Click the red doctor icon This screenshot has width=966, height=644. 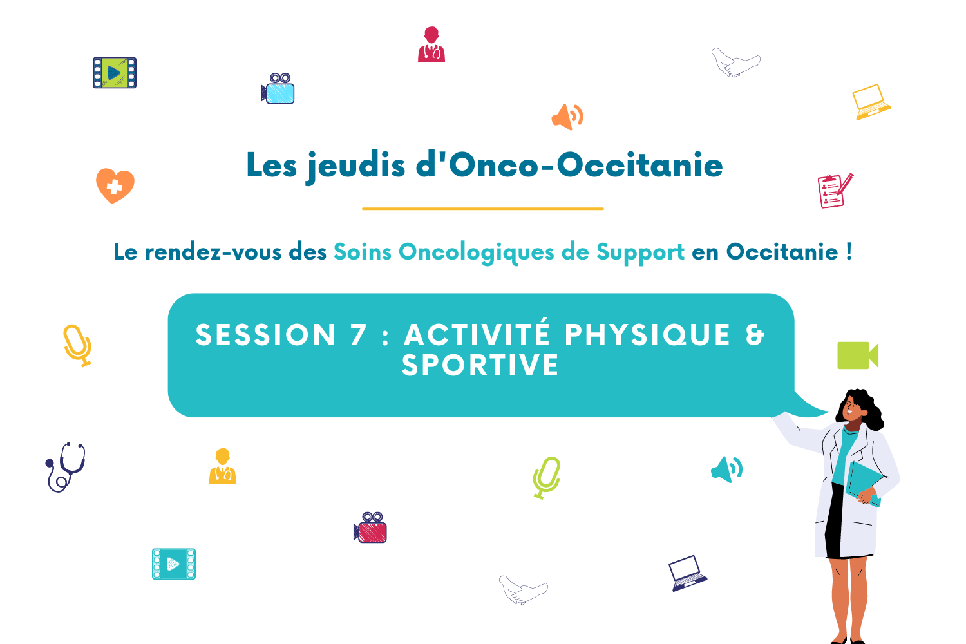pyautogui.click(x=431, y=45)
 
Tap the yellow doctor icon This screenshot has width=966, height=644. pyautogui.click(x=223, y=466)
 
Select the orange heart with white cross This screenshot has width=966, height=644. pyautogui.click(x=115, y=185)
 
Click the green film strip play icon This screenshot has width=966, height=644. pyautogui.click(x=115, y=73)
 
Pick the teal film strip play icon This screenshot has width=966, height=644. pyautogui.click(x=174, y=563)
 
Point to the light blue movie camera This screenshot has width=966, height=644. pyautogui.click(x=278, y=89)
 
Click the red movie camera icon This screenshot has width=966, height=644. pyautogui.click(x=370, y=527)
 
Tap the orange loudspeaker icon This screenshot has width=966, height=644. pyautogui.click(x=567, y=117)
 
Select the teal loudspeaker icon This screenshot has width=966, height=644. pyautogui.click(x=726, y=469)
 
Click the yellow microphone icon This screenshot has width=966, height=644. pyautogui.click(x=77, y=345)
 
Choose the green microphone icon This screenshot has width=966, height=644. pyautogui.click(x=547, y=477)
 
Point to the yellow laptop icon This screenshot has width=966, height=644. pyautogui.click(x=871, y=102)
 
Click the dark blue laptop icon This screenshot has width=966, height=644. pyautogui.click(x=688, y=573)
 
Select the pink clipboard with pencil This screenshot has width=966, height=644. pyautogui.click(x=835, y=191)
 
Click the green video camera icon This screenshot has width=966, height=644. pyautogui.click(x=858, y=355)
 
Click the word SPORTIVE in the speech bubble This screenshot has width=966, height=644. pyautogui.click(x=480, y=365)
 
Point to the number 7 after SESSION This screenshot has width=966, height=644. pyautogui.click(x=358, y=335)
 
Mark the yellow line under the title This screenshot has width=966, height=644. pyautogui.click(x=483, y=209)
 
